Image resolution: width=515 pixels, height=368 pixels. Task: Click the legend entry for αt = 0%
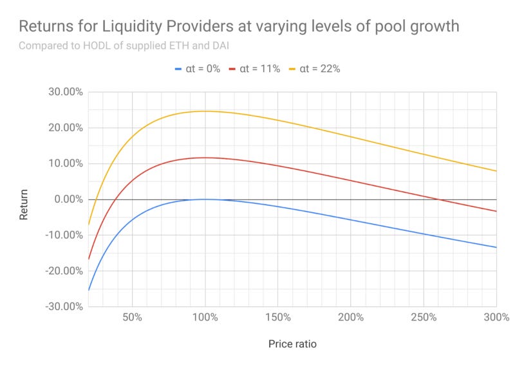[197, 69]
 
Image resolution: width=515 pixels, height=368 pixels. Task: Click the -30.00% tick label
[63, 306]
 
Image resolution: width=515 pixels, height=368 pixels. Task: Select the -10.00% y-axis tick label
[63, 235]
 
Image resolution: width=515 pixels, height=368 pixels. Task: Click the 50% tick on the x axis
[132, 318]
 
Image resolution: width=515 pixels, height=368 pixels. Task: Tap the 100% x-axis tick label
[205, 318]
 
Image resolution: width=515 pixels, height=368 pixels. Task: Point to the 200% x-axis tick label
[351, 318]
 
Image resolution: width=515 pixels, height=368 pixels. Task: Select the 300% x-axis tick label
[496, 318]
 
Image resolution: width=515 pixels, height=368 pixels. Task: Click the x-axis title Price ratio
[292, 344]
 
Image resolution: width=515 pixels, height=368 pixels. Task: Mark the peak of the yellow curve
[205, 111]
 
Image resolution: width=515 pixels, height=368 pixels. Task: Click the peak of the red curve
[205, 158]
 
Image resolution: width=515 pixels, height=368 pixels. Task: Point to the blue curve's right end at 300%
[496, 247]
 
